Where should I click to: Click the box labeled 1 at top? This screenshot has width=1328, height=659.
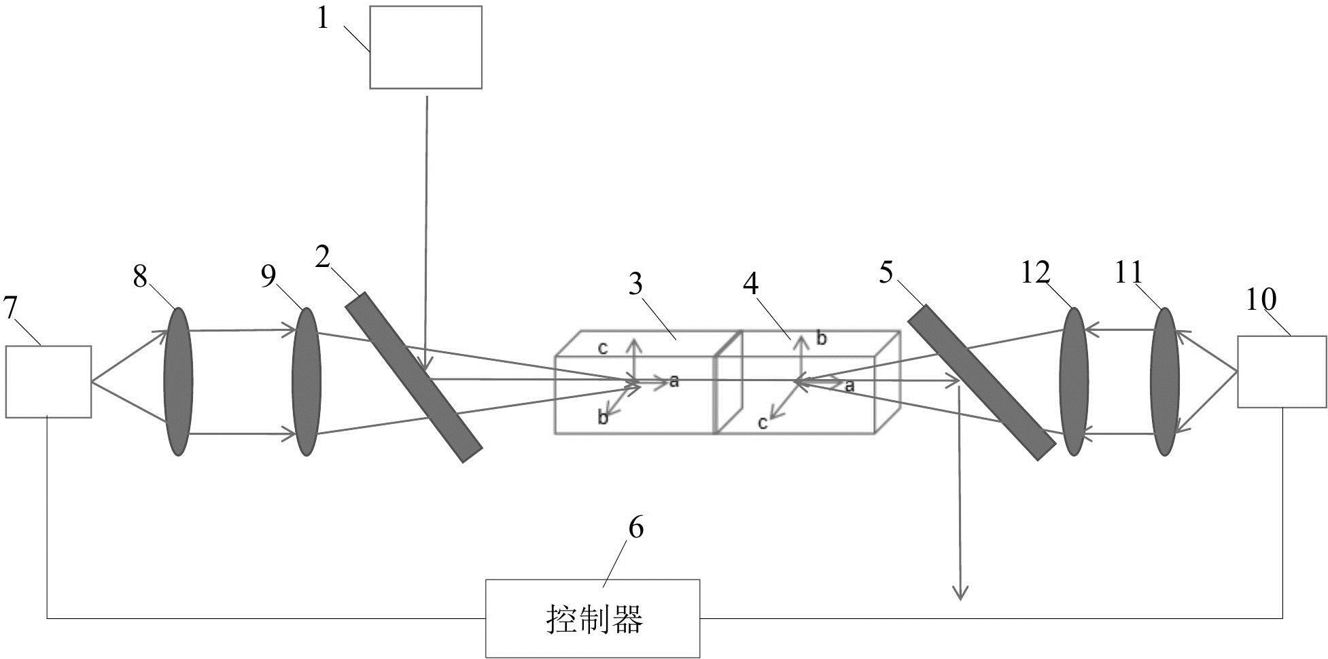(425, 48)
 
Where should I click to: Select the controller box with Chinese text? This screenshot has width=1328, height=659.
(593, 618)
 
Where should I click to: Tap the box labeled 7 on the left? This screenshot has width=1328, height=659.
(48, 381)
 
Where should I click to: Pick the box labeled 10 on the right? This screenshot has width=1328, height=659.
(1282, 372)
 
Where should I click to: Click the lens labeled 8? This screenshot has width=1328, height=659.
(178, 381)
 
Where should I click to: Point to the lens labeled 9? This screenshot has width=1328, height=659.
(306, 381)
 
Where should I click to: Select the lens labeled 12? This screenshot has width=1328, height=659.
(1074, 381)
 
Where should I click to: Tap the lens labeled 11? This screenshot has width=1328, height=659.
(1165, 381)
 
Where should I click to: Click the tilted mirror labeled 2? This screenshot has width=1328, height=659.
(414, 377)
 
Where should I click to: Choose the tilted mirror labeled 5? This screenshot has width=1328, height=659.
(981, 382)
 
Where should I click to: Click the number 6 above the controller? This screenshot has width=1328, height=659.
(635, 528)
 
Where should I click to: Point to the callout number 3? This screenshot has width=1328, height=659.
(635, 284)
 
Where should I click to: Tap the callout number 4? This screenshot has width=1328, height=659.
(750, 284)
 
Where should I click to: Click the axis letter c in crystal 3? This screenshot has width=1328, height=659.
(602, 349)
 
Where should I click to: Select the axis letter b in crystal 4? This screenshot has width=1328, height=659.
(822, 338)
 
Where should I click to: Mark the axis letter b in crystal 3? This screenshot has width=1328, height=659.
(603, 417)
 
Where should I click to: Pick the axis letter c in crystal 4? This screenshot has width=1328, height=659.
(763, 423)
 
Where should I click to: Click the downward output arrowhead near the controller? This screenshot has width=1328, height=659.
(960, 593)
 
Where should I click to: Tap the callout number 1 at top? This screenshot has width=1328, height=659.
(323, 18)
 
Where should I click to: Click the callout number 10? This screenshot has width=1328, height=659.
(1262, 298)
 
